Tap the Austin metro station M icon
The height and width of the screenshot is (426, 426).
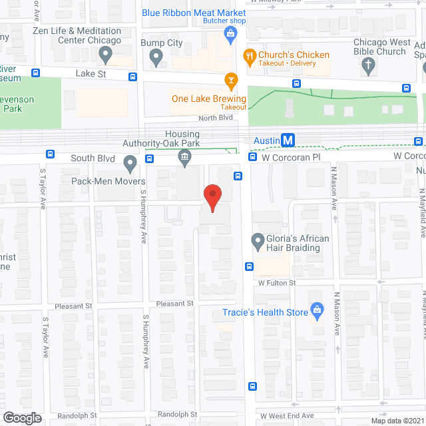(x=288, y=140)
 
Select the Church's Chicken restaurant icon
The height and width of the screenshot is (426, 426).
(x=250, y=55)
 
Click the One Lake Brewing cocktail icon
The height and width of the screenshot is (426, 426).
(x=230, y=81)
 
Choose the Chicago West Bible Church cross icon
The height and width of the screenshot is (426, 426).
(x=367, y=65)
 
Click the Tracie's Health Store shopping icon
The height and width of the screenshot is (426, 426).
(x=318, y=310)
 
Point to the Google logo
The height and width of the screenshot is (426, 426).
(x=21, y=417)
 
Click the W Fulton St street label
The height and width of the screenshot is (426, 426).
(x=278, y=284)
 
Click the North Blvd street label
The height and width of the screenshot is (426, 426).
(x=215, y=118)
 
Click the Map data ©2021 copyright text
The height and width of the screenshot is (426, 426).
(x=397, y=421)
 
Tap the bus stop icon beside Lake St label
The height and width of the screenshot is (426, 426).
(x=132, y=76)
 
